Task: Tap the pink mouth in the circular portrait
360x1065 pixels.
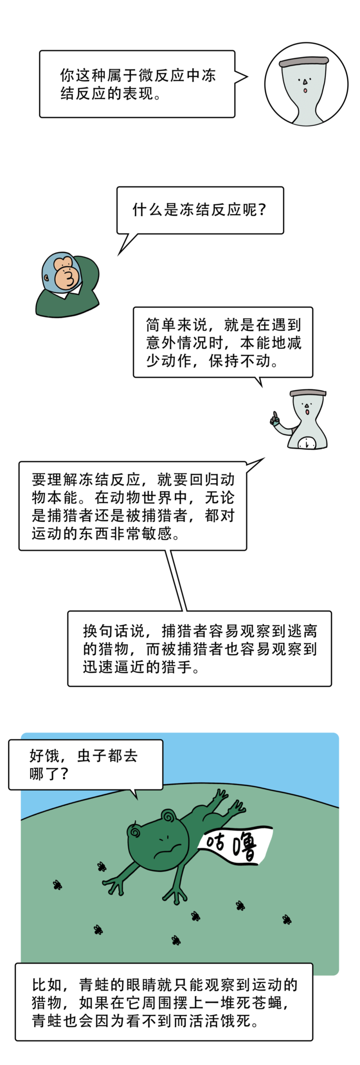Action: [305, 91]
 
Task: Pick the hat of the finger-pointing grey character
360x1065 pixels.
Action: [307, 392]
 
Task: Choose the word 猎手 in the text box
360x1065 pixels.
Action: [176, 667]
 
